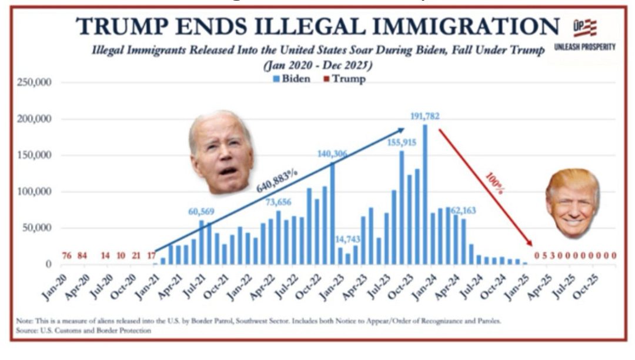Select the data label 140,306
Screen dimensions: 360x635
332,154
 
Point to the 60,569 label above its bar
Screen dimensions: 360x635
202,212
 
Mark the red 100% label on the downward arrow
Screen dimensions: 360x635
493,182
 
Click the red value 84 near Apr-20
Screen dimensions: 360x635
82,255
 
